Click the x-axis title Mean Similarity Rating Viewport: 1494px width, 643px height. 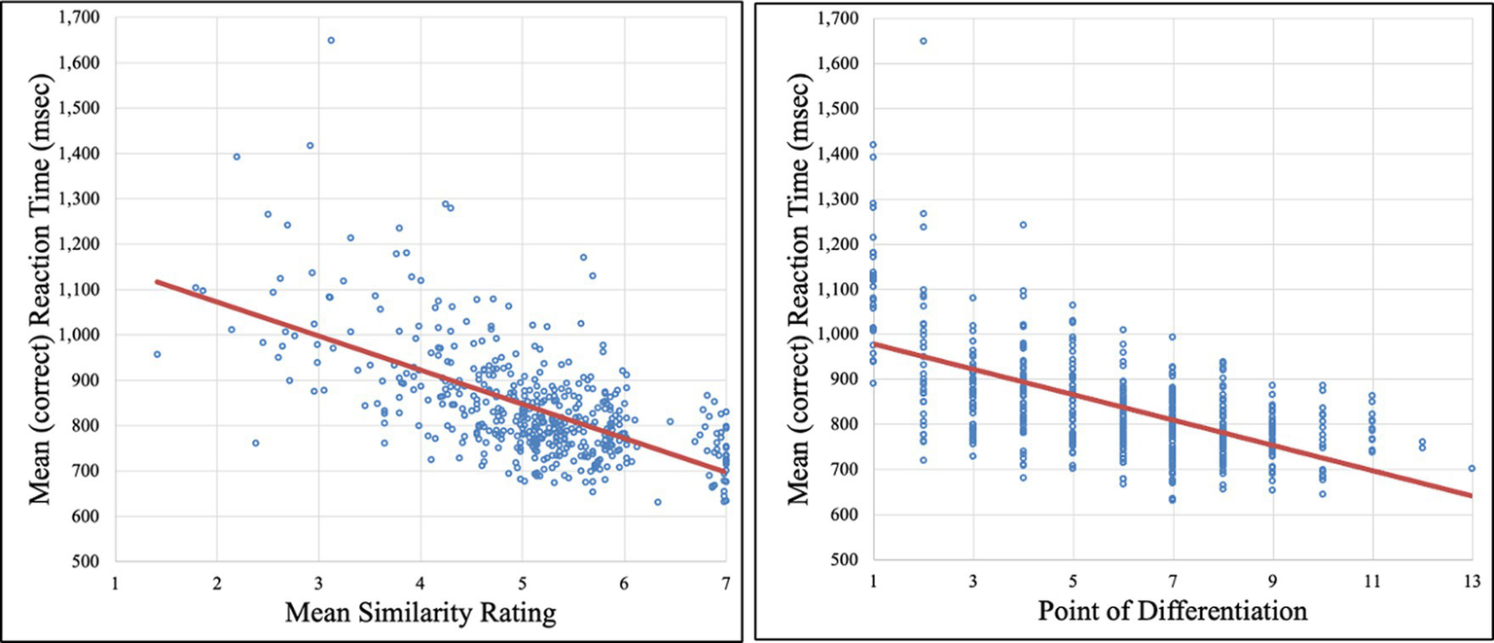[420, 616]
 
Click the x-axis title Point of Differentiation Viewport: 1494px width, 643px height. [1172, 614]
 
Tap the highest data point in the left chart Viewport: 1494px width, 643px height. [331, 40]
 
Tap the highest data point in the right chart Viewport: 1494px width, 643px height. [923, 41]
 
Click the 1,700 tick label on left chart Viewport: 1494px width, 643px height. [82, 18]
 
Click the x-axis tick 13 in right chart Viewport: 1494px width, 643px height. [1472, 583]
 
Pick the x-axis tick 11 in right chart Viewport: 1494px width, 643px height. [1372, 583]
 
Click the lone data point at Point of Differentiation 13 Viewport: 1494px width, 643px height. [1472, 468]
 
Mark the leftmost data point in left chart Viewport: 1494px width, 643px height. [157, 354]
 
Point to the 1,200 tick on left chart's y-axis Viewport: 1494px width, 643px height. [82, 244]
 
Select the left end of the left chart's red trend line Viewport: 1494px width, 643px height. [157, 281]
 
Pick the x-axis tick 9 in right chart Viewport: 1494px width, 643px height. [1272, 583]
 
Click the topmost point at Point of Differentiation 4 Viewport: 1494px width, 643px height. [1023, 225]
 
